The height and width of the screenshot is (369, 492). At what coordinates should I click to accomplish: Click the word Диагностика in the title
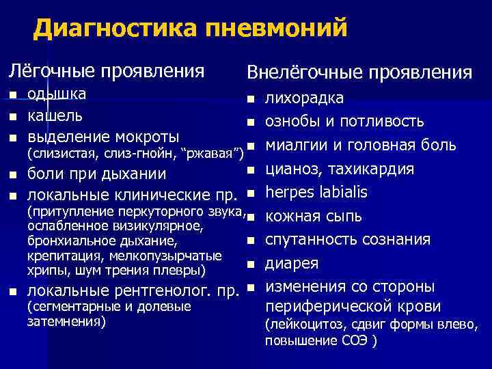(113, 29)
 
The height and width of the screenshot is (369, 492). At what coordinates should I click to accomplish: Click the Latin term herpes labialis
(316, 191)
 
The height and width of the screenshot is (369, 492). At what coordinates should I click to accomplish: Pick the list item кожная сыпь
(314, 216)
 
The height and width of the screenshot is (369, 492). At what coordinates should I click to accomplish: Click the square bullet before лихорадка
(251, 100)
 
